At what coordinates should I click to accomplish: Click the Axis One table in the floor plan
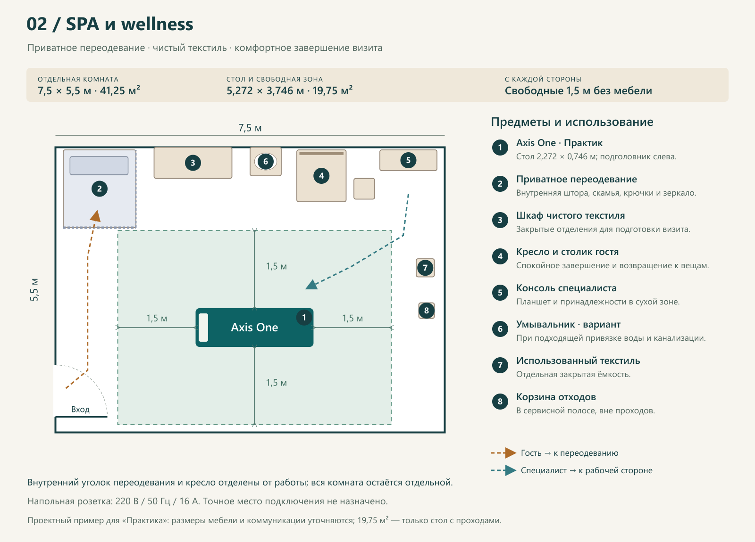click(254, 327)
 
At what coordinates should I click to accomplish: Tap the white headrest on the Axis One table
click(203, 327)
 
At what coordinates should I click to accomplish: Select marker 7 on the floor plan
click(425, 268)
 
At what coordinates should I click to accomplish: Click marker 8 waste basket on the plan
click(427, 311)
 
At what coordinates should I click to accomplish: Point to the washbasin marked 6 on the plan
click(266, 161)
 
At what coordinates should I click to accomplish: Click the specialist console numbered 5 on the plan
click(408, 160)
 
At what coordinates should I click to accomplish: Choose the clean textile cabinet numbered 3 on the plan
click(193, 163)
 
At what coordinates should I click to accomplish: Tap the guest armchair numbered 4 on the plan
click(321, 176)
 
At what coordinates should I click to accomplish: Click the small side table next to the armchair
click(364, 189)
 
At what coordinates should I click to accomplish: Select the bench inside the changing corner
click(99, 165)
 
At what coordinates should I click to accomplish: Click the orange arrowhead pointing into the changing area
click(96, 216)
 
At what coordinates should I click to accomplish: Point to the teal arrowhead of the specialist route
click(311, 285)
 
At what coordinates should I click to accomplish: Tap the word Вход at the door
click(80, 410)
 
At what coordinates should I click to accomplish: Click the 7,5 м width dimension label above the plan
click(250, 128)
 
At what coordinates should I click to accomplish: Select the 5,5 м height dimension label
click(34, 289)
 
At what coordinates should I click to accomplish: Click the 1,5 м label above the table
click(277, 266)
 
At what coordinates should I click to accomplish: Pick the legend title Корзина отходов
click(556, 397)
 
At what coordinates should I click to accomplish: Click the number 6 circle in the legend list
click(500, 329)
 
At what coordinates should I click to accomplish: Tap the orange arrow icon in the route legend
click(503, 453)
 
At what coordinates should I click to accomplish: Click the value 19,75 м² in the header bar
click(332, 90)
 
